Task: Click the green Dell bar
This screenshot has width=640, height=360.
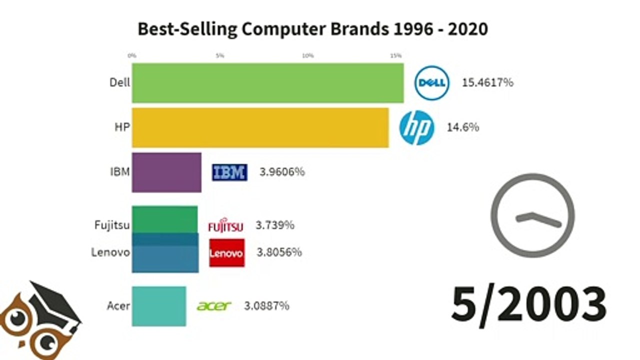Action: (267, 83)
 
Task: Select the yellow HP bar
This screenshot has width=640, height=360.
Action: (260, 127)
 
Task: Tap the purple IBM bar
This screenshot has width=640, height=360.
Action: (166, 172)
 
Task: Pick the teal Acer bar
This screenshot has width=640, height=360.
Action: (159, 306)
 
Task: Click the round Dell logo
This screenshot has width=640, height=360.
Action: (432, 83)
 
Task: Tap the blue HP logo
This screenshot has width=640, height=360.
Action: (416, 127)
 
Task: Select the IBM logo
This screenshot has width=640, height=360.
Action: (229, 172)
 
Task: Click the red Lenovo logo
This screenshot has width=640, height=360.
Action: (226, 252)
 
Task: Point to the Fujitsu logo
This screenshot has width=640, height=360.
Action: (225, 225)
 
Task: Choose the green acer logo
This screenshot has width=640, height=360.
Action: (214, 306)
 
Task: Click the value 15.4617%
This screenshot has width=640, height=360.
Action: (487, 83)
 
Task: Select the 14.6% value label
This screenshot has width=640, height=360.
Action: (463, 127)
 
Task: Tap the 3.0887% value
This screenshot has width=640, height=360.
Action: (266, 306)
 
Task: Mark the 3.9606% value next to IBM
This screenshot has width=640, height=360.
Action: (282, 172)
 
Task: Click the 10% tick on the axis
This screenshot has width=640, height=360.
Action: (307, 55)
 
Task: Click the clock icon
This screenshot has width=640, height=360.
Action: (532, 215)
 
